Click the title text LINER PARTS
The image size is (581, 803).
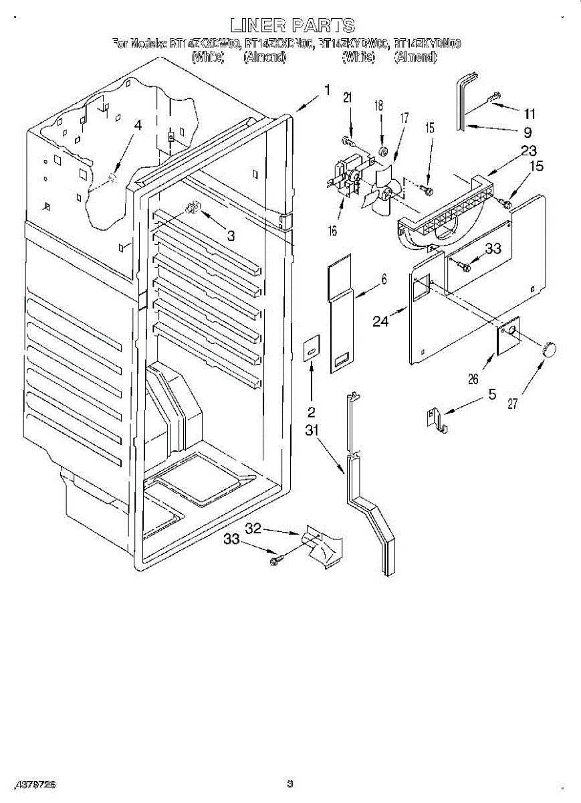click(291, 25)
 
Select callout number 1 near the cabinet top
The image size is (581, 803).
click(327, 90)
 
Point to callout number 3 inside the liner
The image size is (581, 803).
click(230, 236)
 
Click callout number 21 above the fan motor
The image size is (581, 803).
click(347, 98)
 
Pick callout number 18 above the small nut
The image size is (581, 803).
click(378, 105)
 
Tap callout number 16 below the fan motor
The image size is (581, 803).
click(333, 232)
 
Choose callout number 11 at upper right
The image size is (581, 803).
click(530, 113)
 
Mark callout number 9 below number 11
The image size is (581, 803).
click(528, 132)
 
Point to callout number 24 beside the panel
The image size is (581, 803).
click(380, 321)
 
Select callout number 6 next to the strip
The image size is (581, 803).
click(384, 280)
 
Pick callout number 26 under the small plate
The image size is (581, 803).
click(473, 379)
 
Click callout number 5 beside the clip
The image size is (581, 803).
click(492, 394)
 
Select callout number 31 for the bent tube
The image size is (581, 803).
click(312, 431)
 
